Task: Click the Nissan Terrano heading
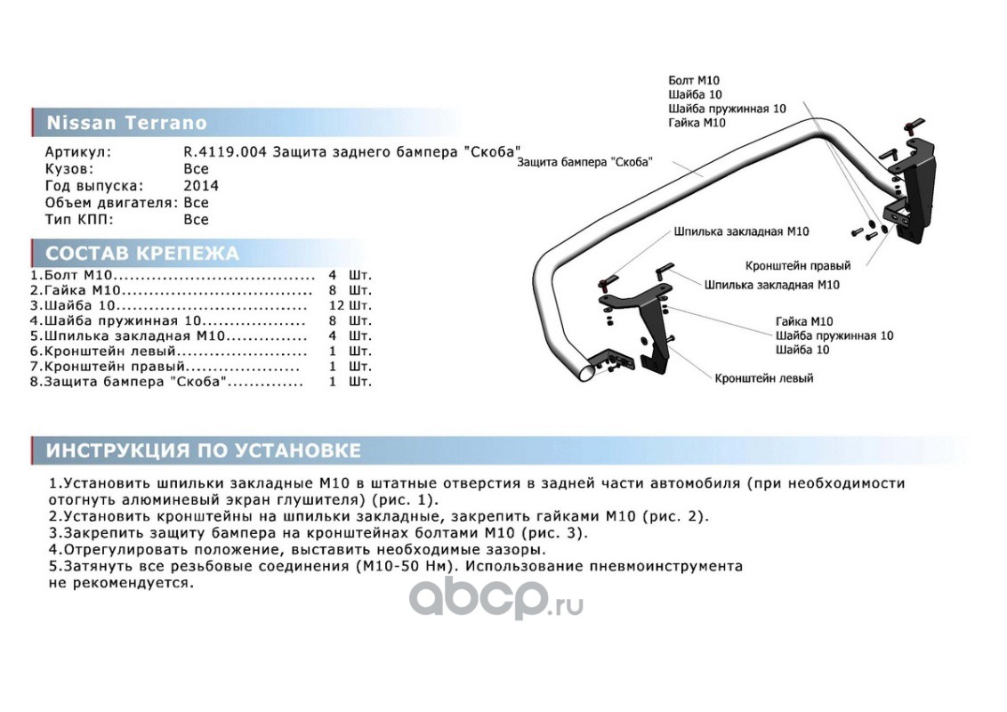tap(126, 123)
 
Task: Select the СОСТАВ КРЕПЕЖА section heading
tap(142, 253)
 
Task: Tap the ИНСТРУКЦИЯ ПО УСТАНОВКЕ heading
tap(204, 450)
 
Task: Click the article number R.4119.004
tap(225, 151)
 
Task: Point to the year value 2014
tap(200, 186)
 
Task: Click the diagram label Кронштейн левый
tap(763, 378)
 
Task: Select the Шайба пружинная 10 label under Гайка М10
tap(834, 336)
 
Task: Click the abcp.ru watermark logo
tap(495, 597)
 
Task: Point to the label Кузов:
tap(69, 168)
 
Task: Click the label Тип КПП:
tap(79, 219)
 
